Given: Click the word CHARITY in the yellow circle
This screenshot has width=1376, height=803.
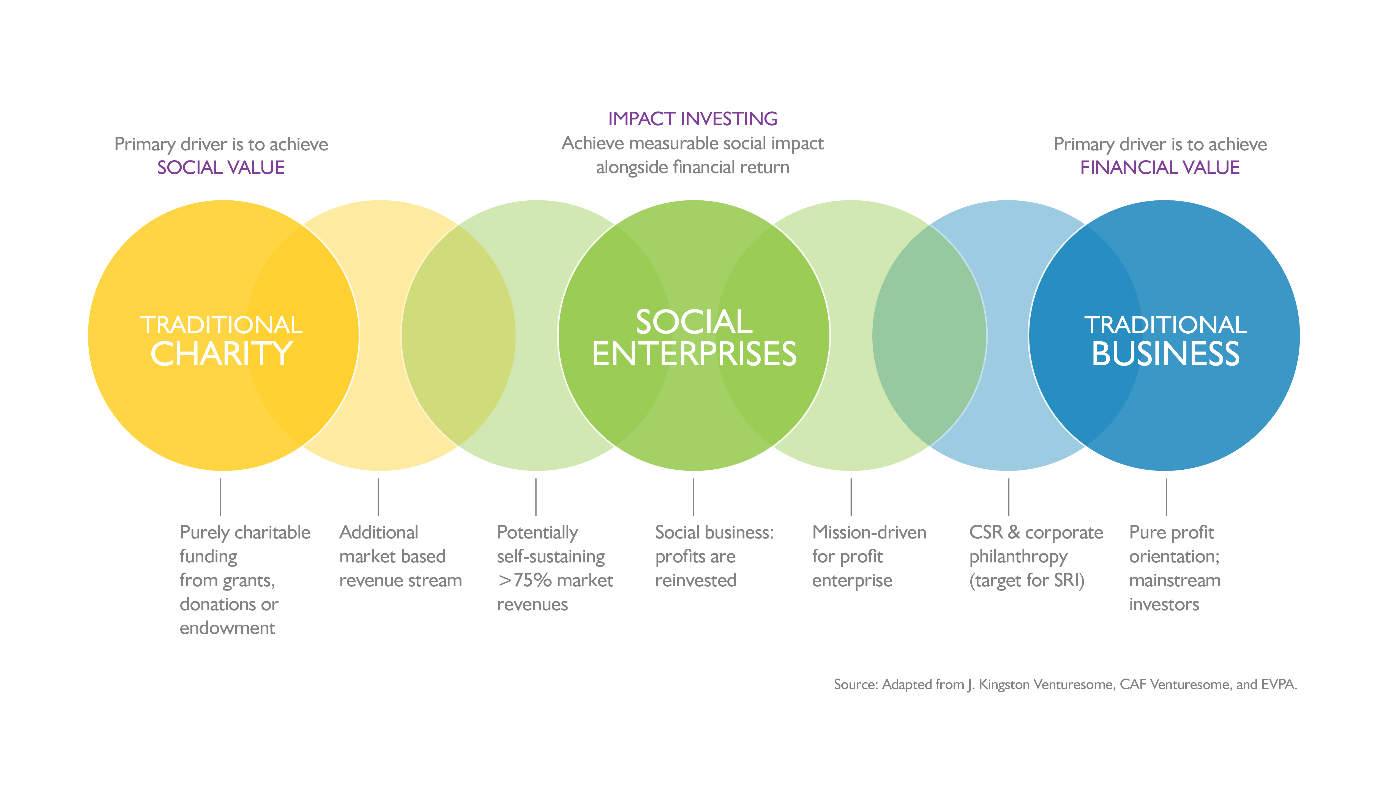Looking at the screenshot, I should pyautogui.click(x=221, y=354).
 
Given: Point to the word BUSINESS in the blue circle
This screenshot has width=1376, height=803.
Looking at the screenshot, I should pyautogui.click(x=1165, y=354).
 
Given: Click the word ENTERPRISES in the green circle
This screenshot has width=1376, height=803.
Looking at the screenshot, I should pyautogui.click(x=694, y=354).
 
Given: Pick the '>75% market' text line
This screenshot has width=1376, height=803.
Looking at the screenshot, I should pyautogui.click(x=555, y=580).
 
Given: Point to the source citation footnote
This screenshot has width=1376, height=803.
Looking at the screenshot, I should pyautogui.click(x=1065, y=684).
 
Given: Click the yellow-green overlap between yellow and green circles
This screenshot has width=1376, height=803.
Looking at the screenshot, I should pyautogui.click(x=459, y=335).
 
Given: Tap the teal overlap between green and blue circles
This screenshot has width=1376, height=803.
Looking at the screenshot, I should pyautogui.click(x=929, y=335).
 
